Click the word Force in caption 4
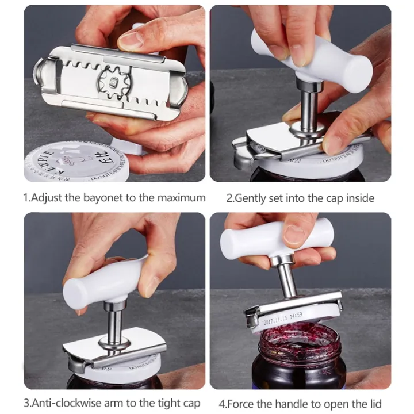(x=249, y=403)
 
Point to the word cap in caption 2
(x=335, y=198)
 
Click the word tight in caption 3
(x=155, y=403)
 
